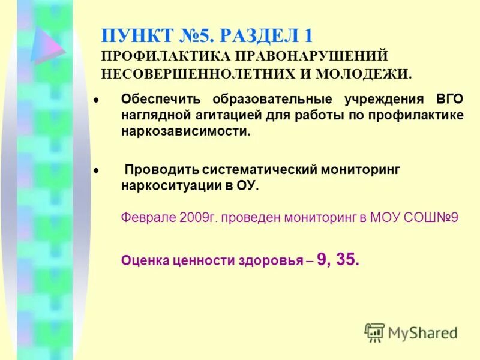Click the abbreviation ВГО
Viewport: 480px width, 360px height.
(x=449, y=99)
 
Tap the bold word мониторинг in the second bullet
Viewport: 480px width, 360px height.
(x=355, y=170)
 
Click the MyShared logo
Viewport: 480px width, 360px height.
(x=410, y=332)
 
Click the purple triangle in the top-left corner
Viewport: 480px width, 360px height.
(x=48, y=44)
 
